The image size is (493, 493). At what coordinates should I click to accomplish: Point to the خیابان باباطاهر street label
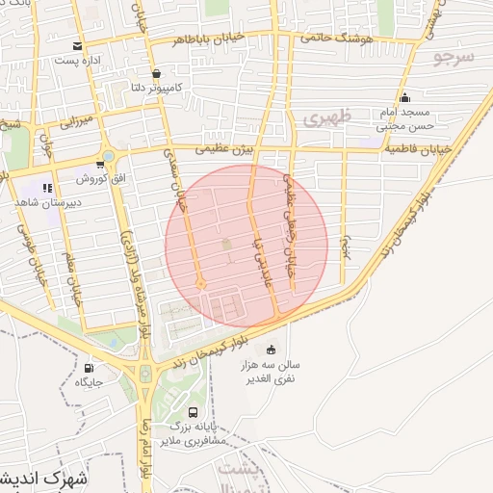[x=203, y=39]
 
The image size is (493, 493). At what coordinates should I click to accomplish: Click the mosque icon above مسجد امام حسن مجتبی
[x=404, y=97]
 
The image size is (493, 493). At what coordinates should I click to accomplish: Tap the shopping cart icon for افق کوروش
[x=100, y=164]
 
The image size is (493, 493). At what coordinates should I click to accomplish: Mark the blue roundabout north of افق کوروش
[x=109, y=156]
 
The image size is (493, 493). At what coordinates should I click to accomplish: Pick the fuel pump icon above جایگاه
[x=91, y=367]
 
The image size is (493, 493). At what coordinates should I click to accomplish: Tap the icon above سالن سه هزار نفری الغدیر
[x=272, y=350]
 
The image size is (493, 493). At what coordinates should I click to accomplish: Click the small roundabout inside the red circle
[x=201, y=283]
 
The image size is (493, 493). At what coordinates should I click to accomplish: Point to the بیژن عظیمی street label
[x=227, y=150]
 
